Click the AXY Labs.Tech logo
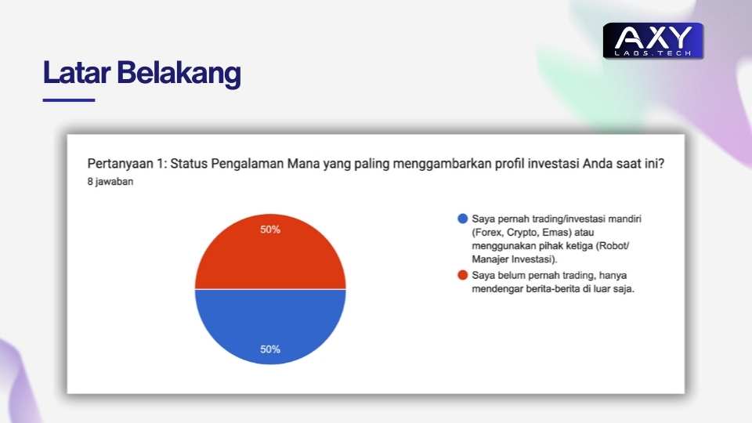(653, 41)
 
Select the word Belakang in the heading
(179, 74)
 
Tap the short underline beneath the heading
(69, 99)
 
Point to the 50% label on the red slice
(270, 230)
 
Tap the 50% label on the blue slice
(270, 349)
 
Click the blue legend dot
(463, 219)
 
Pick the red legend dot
(463, 275)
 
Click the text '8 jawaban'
(110, 181)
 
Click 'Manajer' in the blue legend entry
(490, 259)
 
